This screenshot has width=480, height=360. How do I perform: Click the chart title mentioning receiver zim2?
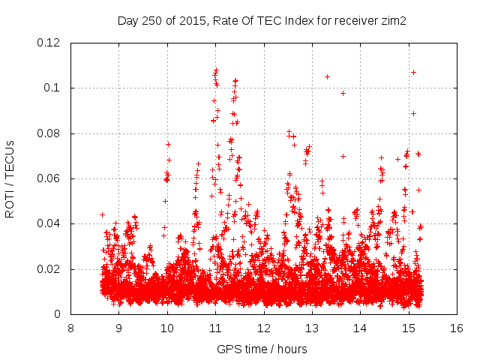[262, 21]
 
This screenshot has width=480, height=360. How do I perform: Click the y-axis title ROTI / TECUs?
[10, 178]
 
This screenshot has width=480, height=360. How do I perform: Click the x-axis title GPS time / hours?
[263, 349]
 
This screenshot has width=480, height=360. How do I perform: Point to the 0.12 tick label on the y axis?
[49, 43]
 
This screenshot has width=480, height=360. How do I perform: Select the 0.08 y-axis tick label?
[49, 133]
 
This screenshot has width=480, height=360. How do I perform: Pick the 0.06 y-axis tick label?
[49, 178]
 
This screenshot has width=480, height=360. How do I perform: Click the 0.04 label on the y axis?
[49, 223]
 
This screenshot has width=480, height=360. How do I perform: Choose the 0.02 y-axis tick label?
[49, 269]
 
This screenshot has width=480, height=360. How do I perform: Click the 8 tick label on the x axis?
[70, 328]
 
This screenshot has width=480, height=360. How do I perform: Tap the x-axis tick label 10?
[166, 328]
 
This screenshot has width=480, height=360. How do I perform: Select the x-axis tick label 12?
[263, 328]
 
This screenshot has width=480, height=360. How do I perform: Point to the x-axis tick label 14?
[360, 328]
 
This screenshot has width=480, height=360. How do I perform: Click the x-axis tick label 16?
[456, 328]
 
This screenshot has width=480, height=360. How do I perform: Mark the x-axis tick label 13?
[312, 328]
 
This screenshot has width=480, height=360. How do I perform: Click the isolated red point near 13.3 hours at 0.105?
[327, 76]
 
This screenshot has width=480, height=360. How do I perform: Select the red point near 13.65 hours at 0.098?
[343, 93]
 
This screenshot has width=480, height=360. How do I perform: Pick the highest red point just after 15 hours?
[413, 72]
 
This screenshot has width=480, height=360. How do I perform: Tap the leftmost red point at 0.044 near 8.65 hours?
[102, 214]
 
